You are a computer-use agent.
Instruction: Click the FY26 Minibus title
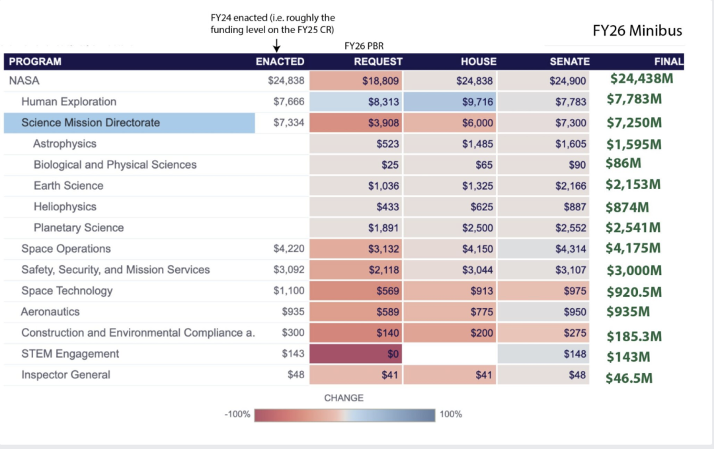637,30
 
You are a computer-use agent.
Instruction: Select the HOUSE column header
479,61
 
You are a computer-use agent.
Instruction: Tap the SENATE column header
569,61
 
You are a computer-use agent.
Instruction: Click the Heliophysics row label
65,207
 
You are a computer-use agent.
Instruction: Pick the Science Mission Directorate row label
91,123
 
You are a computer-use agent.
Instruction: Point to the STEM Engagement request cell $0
393,354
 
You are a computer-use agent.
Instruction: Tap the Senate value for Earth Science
571,186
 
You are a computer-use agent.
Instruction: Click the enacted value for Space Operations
289,249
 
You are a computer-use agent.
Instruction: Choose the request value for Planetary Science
383,228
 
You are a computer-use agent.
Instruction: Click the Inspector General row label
65,375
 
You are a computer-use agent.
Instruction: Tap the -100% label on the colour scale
237,415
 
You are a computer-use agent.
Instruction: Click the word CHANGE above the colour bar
344,398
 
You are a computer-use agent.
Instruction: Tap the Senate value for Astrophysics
571,144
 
